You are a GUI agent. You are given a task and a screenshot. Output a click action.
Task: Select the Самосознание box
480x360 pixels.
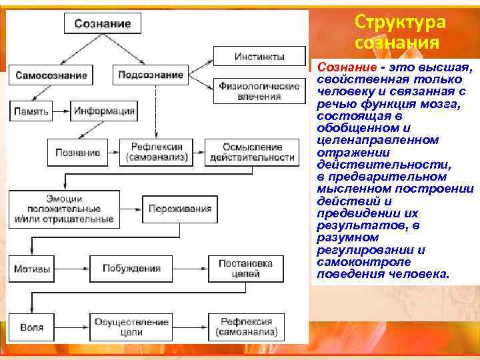click(51, 75)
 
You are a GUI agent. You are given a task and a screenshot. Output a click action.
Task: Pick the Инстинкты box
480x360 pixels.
click(259, 56)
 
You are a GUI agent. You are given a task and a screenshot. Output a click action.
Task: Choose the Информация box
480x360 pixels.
click(104, 111)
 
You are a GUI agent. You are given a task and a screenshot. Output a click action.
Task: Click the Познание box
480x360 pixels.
click(78, 152)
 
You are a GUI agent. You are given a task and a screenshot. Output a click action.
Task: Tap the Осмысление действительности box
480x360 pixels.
click(251, 152)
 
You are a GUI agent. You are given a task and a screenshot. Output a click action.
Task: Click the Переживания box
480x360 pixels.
click(180, 208)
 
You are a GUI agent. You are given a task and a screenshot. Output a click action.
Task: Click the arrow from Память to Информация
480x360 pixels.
click(61, 111)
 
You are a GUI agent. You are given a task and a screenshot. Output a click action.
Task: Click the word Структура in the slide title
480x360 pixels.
click(400, 21)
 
